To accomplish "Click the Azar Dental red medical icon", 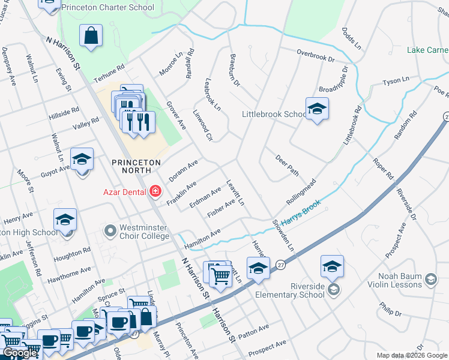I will tap(155, 191).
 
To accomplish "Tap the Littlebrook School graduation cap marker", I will tap(316, 109).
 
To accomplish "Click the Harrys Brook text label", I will tap(301, 212).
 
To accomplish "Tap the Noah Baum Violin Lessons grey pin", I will tap(431, 279).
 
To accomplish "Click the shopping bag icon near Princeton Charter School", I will tap(91, 35).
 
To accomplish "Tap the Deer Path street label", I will tap(287, 165).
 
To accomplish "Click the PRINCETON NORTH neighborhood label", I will tap(136, 166).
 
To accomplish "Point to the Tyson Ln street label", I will tap(396, 80).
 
